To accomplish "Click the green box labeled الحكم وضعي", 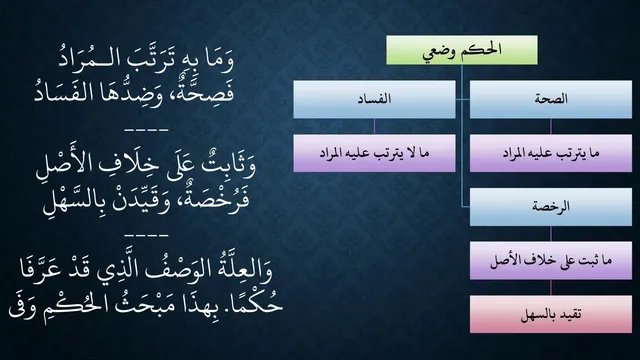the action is (x=462, y=50).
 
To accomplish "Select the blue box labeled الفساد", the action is (x=374, y=99).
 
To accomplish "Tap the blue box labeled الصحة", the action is (x=551, y=99).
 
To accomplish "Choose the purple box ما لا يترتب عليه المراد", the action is (x=374, y=153).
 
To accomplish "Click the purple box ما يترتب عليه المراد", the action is (x=551, y=153).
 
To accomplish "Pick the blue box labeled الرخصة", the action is (x=551, y=207).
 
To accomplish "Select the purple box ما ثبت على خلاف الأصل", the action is (x=551, y=260).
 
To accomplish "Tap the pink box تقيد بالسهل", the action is (x=551, y=314).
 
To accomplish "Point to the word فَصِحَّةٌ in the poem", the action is (x=209, y=92).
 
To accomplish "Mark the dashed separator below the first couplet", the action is (x=147, y=130).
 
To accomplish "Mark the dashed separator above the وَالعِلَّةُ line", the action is (x=147, y=236).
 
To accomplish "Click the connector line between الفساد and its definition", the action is (x=374, y=127).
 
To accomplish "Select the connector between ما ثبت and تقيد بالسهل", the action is (x=551, y=287).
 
